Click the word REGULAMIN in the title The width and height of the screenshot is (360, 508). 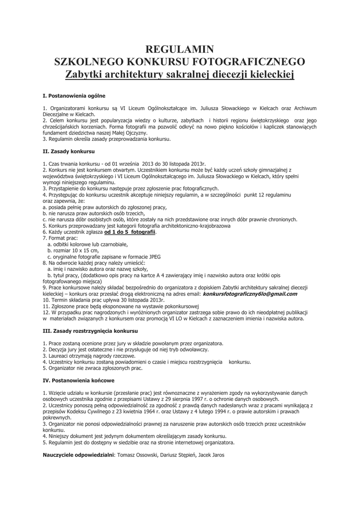[179, 49]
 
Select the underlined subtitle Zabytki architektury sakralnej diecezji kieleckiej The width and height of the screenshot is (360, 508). [180, 75]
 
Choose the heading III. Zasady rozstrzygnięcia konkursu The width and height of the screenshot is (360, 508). [90, 330]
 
